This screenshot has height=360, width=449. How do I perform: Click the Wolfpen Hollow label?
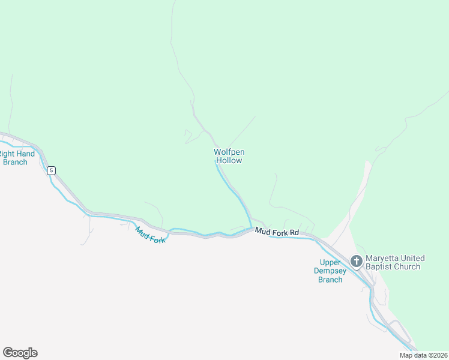coord(229,156)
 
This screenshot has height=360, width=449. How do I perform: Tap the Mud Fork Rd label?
coord(277,232)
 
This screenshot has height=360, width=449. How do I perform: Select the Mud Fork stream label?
coord(149,235)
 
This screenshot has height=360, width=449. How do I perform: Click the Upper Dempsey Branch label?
coord(330,271)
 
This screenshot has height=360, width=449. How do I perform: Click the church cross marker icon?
coord(356,261)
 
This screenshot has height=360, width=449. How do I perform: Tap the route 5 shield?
coord(52,170)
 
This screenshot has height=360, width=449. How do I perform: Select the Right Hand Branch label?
coord(16,158)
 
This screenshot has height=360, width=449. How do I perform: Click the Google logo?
coord(20,353)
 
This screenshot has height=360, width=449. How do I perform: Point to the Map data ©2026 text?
coord(424,355)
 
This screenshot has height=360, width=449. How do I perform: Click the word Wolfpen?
coord(229,152)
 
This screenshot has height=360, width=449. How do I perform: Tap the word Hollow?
coord(229,160)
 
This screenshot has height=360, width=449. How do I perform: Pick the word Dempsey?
coord(330,271)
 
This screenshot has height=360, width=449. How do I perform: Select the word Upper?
coord(331,262)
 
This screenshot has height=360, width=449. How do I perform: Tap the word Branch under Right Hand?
coord(15,162)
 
